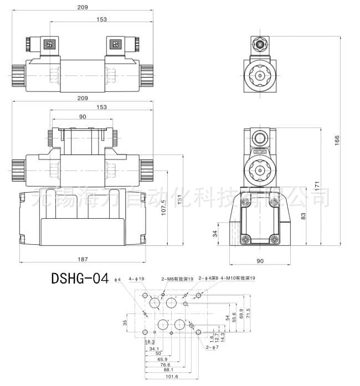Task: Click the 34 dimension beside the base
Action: (215, 234)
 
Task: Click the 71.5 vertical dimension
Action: (248, 313)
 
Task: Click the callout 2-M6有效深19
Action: (177, 279)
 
